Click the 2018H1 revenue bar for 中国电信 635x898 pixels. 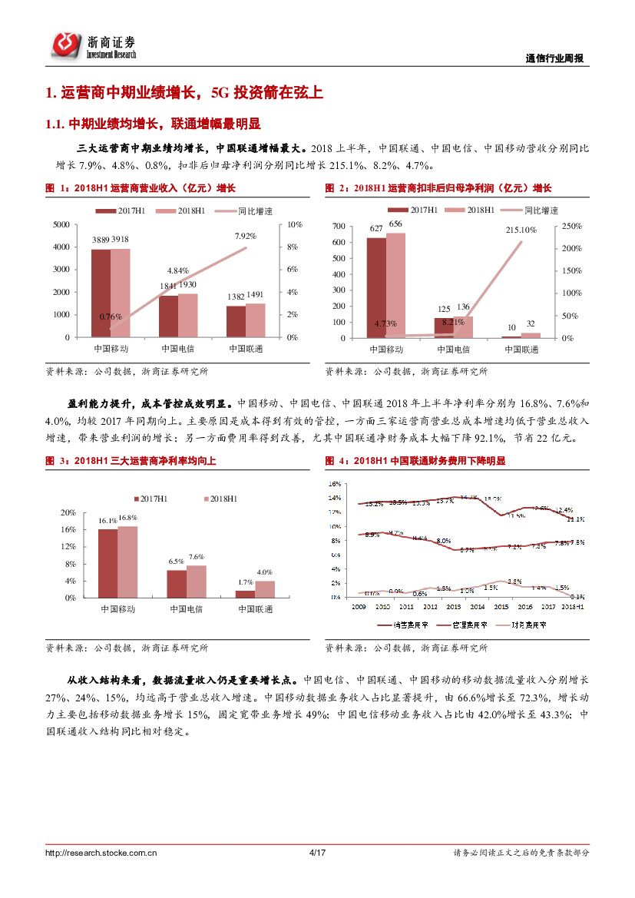188,315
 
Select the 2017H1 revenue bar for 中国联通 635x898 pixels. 236,321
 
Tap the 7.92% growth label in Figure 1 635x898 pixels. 246,236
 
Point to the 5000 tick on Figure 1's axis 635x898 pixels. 60,224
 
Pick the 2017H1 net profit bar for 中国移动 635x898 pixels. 375,287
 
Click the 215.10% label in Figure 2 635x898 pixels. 521,230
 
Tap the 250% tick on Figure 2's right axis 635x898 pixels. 571,227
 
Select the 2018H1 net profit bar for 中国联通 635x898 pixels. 531,335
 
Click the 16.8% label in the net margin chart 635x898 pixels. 127,518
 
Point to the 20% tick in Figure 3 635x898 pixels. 68,512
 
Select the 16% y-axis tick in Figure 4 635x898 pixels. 334,485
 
